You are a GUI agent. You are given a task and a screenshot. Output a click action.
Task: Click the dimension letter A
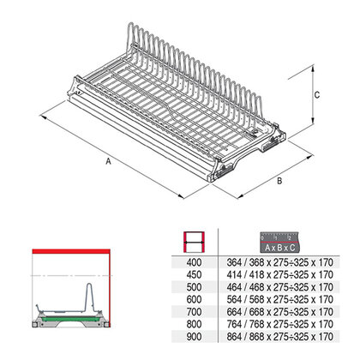(108, 161)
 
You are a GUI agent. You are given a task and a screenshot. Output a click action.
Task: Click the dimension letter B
(279, 181)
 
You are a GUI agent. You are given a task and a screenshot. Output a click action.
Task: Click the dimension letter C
(317, 95)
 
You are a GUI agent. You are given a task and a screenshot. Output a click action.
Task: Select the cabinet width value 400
(194, 262)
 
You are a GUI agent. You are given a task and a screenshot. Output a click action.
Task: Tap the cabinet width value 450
(194, 274)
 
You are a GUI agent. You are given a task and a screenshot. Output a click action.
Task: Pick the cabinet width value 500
(194, 287)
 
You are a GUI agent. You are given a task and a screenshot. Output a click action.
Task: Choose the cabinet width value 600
(194, 299)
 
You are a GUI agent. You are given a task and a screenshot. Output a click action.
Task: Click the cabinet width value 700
(194, 312)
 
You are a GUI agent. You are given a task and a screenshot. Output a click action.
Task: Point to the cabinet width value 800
(194, 324)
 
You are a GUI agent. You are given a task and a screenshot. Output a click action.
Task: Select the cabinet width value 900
(194, 337)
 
